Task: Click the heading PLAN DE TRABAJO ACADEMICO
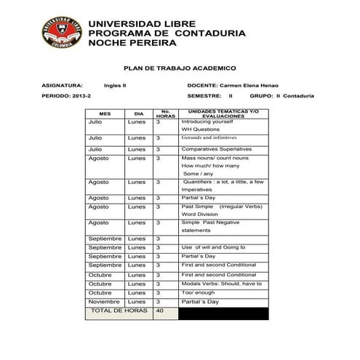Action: [180, 67]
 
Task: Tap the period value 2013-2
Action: [82, 96]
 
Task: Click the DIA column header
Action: [138, 114]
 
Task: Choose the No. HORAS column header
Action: [165, 114]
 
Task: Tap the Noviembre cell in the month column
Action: [103, 301]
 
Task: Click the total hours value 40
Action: [161, 311]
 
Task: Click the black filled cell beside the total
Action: [223, 313]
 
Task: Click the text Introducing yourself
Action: [207, 121]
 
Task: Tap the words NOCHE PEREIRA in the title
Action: [132, 44]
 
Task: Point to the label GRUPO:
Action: [261, 96]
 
